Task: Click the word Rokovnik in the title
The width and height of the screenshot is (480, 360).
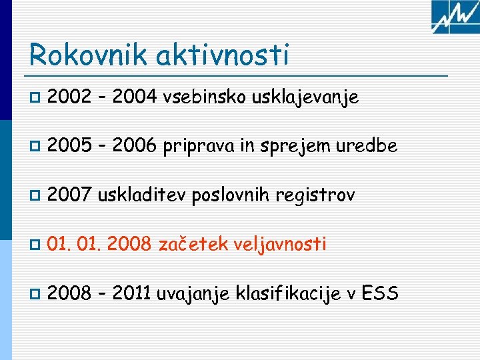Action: pos(89,55)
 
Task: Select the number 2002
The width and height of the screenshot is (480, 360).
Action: pos(70,97)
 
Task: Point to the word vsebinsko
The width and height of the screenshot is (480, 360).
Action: pos(205,97)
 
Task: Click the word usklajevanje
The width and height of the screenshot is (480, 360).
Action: pos(306,98)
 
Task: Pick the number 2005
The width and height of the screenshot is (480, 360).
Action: pos(70,146)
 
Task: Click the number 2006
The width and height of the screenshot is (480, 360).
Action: pos(134,146)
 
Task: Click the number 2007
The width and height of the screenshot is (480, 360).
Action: pos(70,195)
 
